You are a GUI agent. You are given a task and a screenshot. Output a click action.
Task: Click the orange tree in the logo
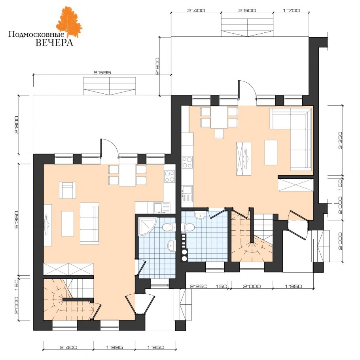(x=69, y=22)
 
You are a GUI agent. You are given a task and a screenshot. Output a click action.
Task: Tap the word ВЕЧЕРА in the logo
(x=55, y=43)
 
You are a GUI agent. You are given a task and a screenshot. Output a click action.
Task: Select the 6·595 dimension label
(x=102, y=72)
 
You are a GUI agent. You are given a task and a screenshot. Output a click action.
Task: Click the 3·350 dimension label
(x=340, y=140)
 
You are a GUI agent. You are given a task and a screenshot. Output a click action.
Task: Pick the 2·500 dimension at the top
(x=247, y=10)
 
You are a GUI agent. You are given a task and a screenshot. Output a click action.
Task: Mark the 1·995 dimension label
(x=114, y=347)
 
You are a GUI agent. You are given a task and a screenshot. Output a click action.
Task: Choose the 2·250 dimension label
(x=199, y=286)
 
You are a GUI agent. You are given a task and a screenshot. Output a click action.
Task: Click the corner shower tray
(x=147, y=226)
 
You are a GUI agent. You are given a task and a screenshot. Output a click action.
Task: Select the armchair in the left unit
(x=68, y=190)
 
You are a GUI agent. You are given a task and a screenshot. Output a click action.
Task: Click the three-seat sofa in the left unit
(x=89, y=224)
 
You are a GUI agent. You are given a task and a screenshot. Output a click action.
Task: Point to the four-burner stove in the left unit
(x=169, y=176)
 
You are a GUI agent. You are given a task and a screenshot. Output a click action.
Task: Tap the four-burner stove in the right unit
(x=187, y=162)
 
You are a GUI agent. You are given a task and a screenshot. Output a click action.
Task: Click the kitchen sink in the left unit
(x=162, y=208)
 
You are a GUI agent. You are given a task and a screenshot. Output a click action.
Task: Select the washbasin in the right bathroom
(x=200, y=215)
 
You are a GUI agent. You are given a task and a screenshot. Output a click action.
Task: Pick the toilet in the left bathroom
(x=169, y=227)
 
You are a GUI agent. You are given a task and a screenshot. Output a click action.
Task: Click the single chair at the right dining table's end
(x=219, y=134)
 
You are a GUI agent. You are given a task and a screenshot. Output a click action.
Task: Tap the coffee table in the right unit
(x=271, y=152)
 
